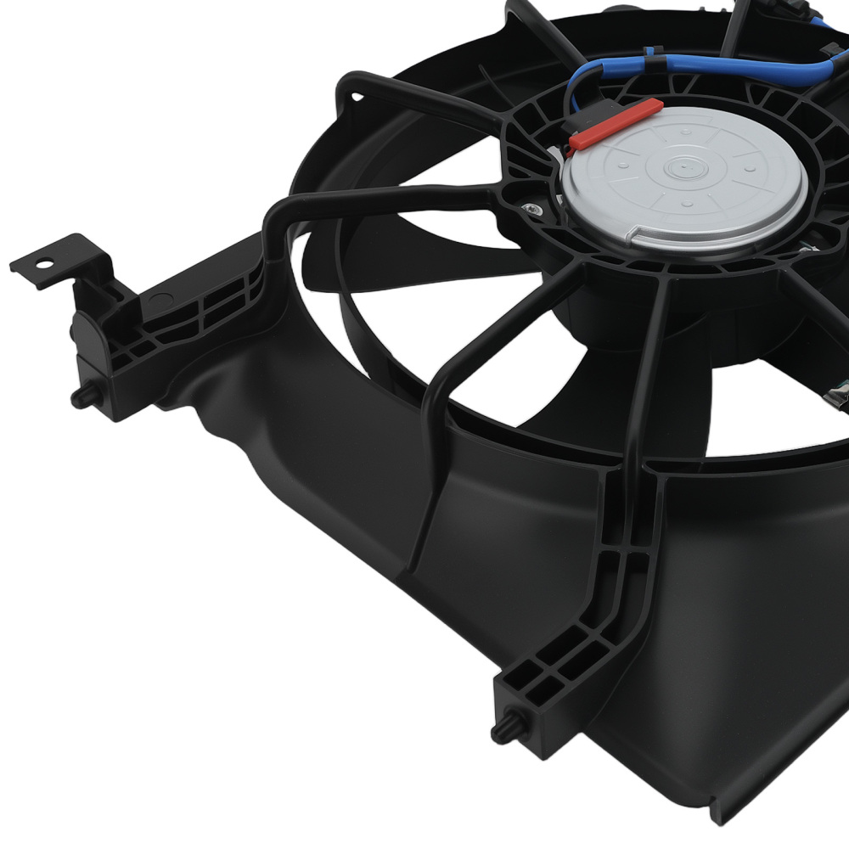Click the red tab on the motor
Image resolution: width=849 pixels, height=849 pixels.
coord(616,123)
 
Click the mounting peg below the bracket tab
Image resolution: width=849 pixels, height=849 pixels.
coord(82,396)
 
